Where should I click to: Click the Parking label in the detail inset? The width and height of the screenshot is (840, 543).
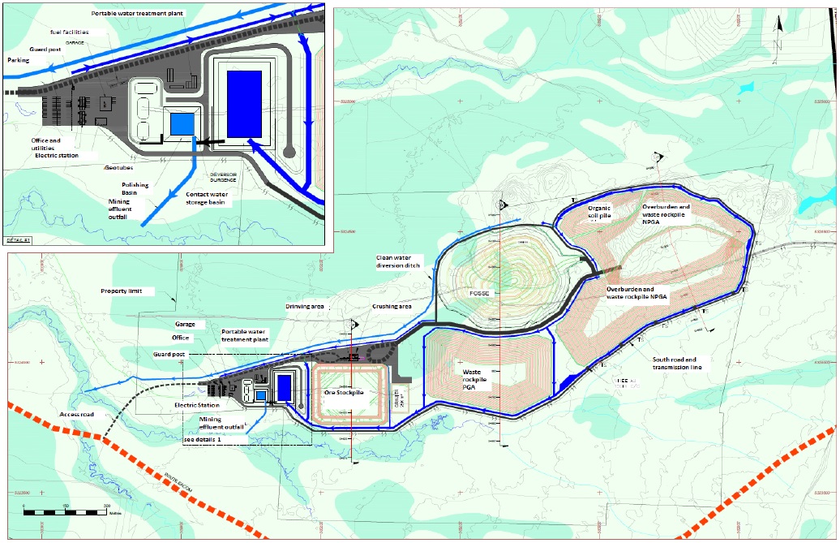pos(18,59)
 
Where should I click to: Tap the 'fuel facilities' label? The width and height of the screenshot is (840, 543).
pos(67,32)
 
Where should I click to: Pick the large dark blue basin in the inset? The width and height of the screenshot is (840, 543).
pos(244,103)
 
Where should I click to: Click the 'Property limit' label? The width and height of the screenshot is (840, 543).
pos(123,291)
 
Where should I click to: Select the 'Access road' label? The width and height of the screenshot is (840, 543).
pos(78,414)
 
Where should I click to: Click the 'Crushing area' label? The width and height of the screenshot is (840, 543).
pos(392,307)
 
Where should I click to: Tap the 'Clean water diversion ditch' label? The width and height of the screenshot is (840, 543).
pos(399,262)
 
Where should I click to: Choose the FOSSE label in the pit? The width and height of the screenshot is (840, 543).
pos(481,293)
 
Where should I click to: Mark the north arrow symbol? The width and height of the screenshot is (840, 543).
pos(779,24)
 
